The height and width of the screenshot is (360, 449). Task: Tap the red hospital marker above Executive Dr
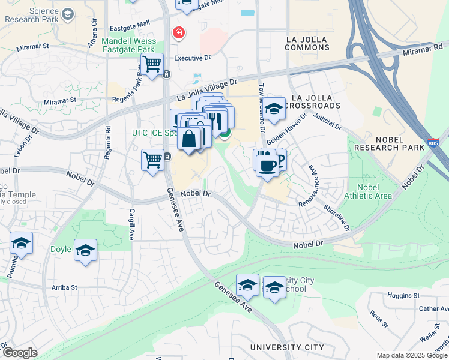click(x=178, y=32)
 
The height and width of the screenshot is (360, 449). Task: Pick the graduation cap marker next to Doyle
click(x=85, y=250)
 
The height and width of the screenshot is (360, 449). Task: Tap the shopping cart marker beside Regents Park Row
click(x=153, y=62)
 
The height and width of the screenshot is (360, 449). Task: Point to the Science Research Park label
click(x=35, y=16)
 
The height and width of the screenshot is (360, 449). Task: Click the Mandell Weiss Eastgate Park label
click(x=128, y=46)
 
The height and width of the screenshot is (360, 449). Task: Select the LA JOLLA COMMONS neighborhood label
click(x=307, y=43)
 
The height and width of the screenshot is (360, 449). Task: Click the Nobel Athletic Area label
click(x=368, y=191)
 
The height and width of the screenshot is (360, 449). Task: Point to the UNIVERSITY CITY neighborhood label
click(x=286, y=347)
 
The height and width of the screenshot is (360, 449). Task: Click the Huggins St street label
click(x=403, y=296)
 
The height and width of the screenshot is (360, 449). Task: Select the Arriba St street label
click(x=65, y=287)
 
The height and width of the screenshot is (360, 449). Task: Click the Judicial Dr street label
click(x=327, y=122)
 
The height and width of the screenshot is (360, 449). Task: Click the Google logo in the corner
click(x=20, y=353)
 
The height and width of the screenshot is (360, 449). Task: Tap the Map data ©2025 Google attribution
click(x=412, y=355)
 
